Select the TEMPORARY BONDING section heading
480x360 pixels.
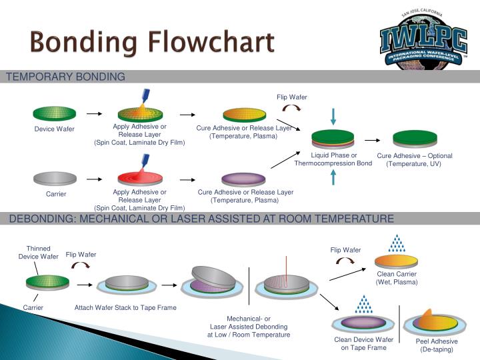65,77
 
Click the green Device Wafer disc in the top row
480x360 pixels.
55,113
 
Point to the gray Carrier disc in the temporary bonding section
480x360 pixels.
55,178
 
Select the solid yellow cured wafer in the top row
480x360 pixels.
244,114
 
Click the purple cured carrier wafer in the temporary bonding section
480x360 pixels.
243,179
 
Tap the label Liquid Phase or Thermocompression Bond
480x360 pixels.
333,159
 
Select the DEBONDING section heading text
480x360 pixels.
201,219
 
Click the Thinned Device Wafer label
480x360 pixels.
38,252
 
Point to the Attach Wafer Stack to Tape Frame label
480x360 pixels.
125,308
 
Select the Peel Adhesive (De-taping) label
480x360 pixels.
436,345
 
